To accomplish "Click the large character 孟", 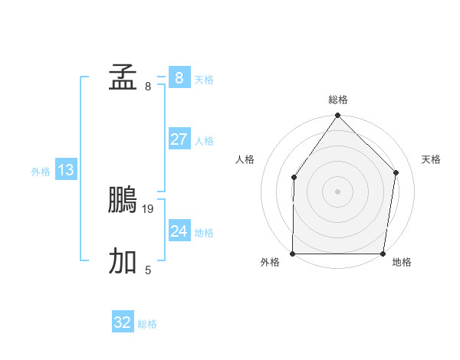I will pyautogui.click(x=123, y=77).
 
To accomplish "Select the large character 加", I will pyautogui.click(x=123, y=261).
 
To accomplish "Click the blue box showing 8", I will pyautogui.click(x=179, y=78).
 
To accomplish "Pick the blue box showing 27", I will pyautogui.click(x=179, y=139).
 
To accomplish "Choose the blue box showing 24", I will pyautogui.click(x=179, y=231).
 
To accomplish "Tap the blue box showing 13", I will pyautogui.click(x=66, y=170).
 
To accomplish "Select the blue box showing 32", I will pyautogui.click(x=123, y=322).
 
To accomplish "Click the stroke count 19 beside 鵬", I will pyautogui.click(x=148, y=208).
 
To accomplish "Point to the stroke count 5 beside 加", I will pyautogui.click(x=148, y=270).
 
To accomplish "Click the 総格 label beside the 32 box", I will pyautogui.click(x=147, y=324).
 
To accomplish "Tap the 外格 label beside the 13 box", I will pyautogui.click(x=41, y=172).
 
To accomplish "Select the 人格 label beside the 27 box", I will pyautogui.click(x=204, y=141).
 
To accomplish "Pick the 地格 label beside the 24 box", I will pyautogui.click(x=204, y=233).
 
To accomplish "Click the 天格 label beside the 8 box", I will pyautogui.click(x=204, y=80).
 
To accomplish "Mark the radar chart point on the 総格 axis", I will pyautogui.click(x=337, y=116).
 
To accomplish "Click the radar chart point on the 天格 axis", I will pyautogui.click(x=396, y=172).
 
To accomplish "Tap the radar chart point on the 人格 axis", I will pyautogui.click(x=294, y=178).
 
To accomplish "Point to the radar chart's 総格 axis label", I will pyautogui.click(x=338, y=100).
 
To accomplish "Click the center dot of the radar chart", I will pyautogui.click(x=337, y=191).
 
